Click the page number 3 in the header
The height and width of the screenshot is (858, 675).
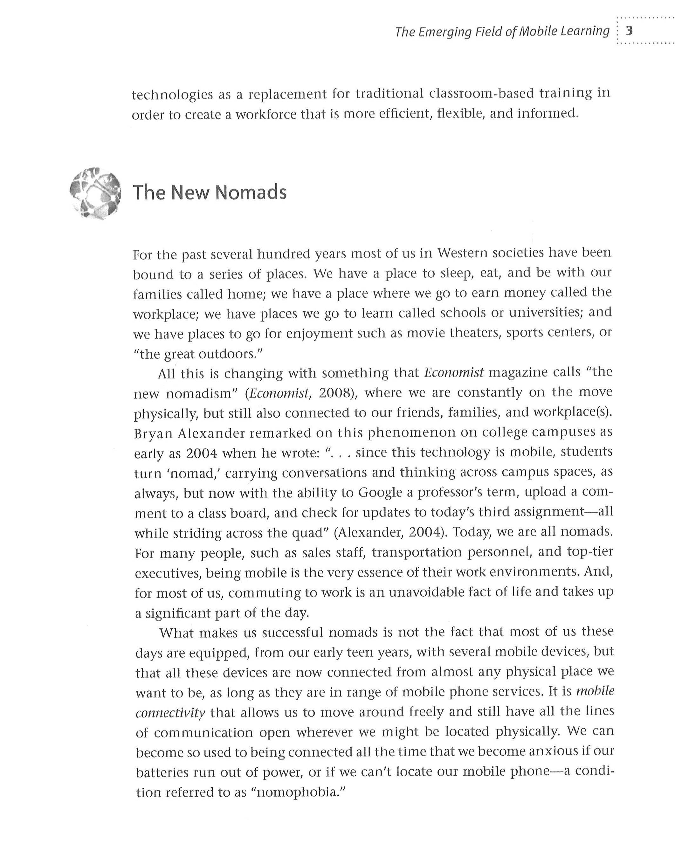click(630, 31)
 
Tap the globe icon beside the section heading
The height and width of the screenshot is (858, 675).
click(95, 192)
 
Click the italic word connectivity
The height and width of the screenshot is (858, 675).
click(170, 713)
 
